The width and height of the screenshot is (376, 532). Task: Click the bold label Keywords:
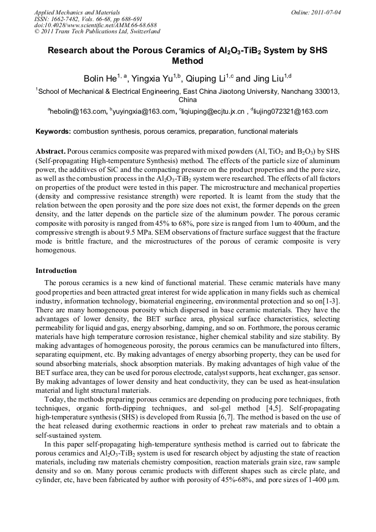point(53,131)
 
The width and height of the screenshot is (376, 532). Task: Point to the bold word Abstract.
point(50,151)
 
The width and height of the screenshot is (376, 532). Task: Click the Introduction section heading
point(56,271)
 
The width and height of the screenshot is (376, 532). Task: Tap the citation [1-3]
point(331,300)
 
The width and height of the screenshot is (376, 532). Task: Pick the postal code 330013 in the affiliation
point(327,91)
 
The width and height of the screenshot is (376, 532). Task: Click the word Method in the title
point(187,61)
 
